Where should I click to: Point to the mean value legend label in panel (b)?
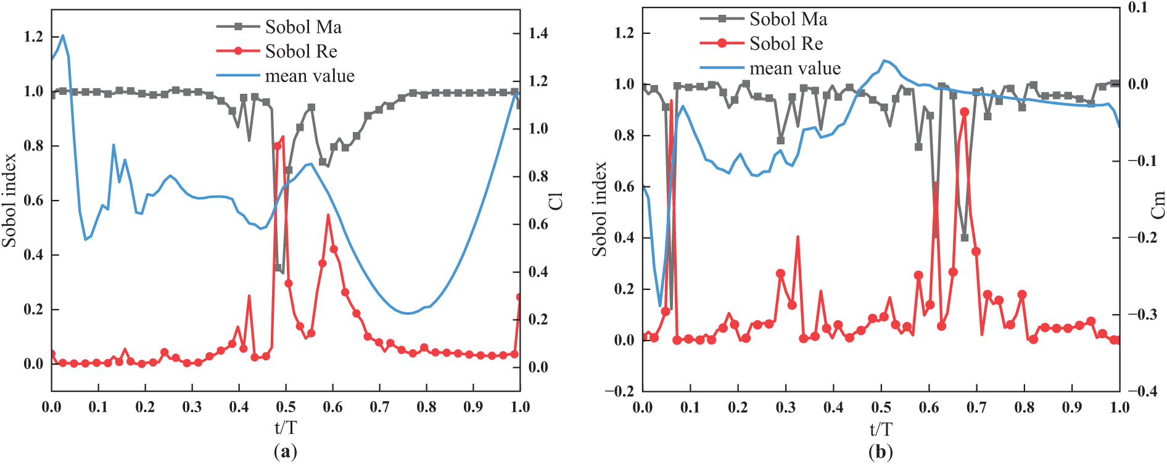click(x=794, y=68)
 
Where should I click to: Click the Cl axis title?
click(x=556, y=201)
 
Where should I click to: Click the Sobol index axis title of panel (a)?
click(x=9, y=201)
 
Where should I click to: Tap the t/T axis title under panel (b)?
click(x=881, y=429)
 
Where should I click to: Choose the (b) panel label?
click(x=880, y=452)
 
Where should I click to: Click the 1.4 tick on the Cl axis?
click(x=538, y=33)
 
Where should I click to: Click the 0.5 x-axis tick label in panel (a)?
click(x=286, y=407)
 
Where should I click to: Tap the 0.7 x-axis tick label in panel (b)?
click(x=976, y=407)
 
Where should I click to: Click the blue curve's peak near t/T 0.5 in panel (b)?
click(x=885, y=60)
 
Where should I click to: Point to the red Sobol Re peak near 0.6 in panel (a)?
click(x=328, y=215)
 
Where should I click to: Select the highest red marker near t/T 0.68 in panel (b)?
click(x=965, y=112)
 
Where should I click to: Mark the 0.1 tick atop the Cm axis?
click(x=1138, y=7)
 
